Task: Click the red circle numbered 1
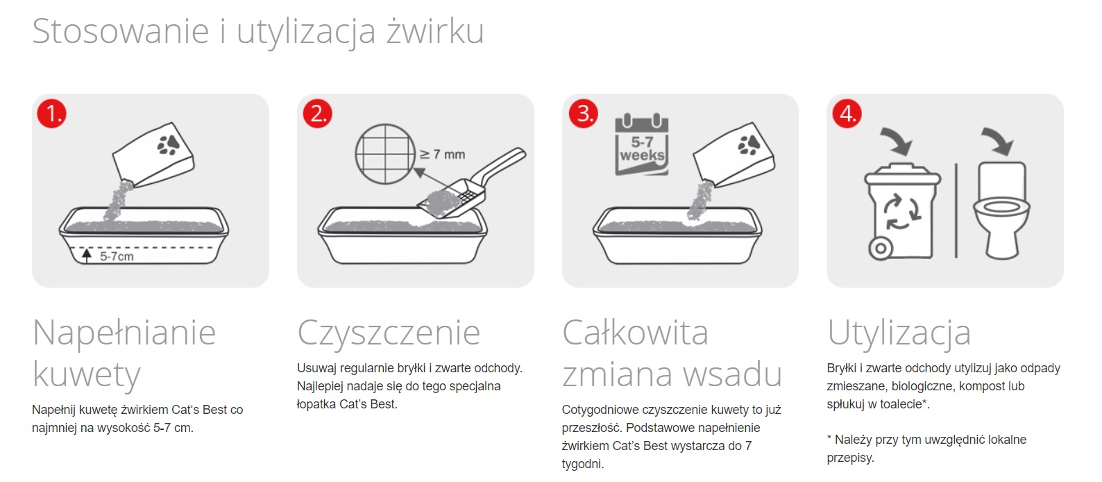(x=51, y=114)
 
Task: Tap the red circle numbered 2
(x=317, y=114)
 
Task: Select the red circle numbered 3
(x=583, y=114)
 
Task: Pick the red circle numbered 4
(x=847, y=114)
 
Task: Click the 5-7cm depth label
(x=117, y=256)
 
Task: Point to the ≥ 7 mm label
(x=442, y=155)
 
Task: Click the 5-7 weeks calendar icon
(x=641, y=144)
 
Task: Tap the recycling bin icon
(x=902, y=210)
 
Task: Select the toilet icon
(x=1001, y=210)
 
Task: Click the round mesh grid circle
(x=385, y=154)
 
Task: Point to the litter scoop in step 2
(x=471, y=183)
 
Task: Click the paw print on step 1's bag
(x=169, y=144)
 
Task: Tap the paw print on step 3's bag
(x=749, y=144)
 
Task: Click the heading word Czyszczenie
(x=389, y=333)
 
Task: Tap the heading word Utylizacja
(x=899, y=333)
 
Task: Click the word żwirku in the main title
(x=435, y=31)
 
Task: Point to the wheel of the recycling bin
(x=880, y=248)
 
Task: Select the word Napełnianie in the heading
(x=124, y=333)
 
